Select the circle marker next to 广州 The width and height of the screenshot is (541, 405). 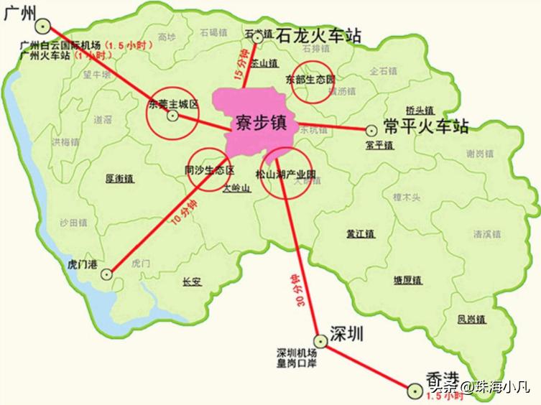coord(45,27)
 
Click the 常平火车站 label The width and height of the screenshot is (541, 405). coord(426,127)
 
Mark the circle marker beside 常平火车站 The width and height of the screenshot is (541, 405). coord(371,130)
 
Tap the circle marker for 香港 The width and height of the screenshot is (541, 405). coord(413,390)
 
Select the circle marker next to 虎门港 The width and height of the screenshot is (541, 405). coord(107,274)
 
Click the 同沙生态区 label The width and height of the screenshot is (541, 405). coord(209,170)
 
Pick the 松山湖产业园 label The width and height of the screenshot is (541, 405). coord(286,174)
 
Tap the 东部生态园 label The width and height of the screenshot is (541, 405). coord(310,78)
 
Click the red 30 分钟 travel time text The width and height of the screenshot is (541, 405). coord(293,290)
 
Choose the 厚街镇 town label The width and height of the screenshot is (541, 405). coord(120,177)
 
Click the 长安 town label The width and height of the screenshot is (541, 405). coord(193,281)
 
